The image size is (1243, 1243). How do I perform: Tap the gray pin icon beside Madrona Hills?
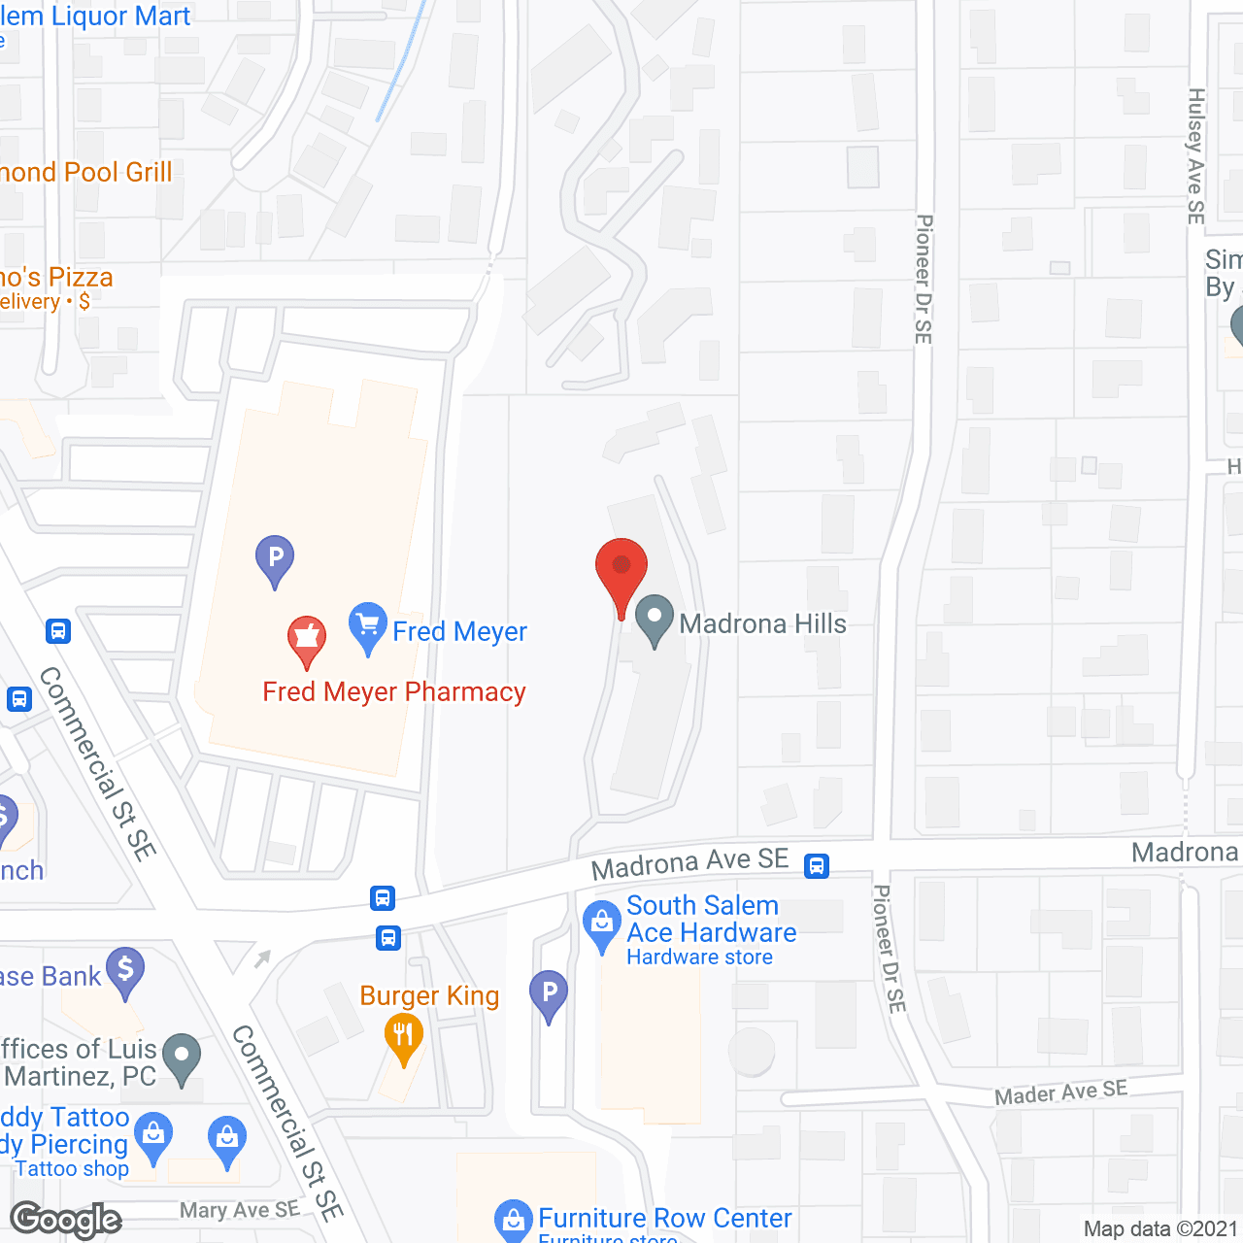click(655, 619)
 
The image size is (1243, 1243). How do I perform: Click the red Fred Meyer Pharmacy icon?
click(307, 640)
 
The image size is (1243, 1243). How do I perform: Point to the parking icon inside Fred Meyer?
click(275, 559)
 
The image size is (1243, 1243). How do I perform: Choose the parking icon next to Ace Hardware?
click(549, 994)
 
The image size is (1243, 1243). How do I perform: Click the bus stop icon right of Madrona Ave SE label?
click(817, 865)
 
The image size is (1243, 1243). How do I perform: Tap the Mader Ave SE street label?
click(1060, 1092)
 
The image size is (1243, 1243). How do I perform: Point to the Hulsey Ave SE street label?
click(1196, 155)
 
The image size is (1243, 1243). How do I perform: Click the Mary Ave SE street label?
click(239, 1210)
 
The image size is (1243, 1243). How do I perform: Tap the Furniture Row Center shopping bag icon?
click(513, 1222)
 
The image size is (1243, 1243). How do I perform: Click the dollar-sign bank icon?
click(125, 971)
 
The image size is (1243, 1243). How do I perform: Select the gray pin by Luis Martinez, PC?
click(182, 1058)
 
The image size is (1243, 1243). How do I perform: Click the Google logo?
click(66, 1220)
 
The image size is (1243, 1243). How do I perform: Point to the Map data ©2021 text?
click(1160, 1229)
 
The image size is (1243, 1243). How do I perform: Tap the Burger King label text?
click(429, 996)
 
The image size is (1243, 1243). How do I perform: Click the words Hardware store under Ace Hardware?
click(699, 957)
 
